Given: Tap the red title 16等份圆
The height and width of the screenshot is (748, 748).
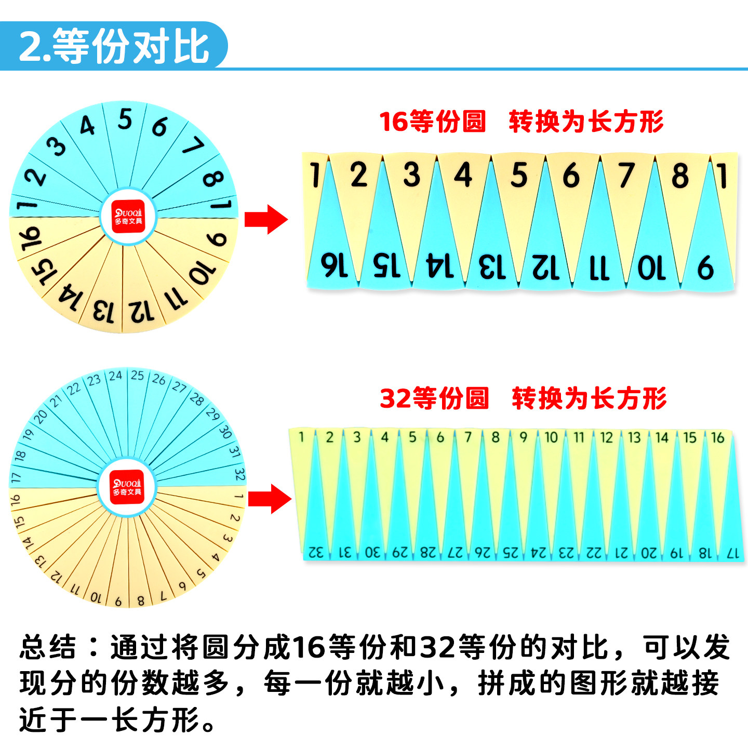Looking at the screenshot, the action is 432,122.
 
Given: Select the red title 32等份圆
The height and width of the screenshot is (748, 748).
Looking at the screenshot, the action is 434,398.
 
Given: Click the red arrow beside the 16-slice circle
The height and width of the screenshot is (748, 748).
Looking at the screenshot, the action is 265,219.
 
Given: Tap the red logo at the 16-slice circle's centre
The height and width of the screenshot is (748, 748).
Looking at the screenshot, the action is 128,217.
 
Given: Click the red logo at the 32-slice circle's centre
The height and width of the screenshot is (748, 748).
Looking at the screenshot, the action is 127,487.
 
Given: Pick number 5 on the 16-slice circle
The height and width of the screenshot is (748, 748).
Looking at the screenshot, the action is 125,119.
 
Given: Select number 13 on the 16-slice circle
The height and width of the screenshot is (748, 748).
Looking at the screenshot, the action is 103,310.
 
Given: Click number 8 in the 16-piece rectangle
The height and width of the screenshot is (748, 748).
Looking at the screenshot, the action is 679,176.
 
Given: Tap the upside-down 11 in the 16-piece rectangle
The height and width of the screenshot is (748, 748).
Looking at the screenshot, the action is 599,268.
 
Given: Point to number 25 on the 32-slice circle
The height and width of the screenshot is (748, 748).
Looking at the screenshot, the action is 137,375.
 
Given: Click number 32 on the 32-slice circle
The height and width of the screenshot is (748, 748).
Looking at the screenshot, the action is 239,474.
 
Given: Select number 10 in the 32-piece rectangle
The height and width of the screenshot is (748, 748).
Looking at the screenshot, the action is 551,437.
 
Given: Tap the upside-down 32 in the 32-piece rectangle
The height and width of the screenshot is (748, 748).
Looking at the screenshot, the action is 316,552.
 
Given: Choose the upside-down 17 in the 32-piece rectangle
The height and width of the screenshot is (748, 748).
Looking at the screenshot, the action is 732,554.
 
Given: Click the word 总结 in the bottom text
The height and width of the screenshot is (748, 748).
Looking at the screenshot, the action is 48,647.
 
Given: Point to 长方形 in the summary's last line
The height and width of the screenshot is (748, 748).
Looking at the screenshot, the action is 155,720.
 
